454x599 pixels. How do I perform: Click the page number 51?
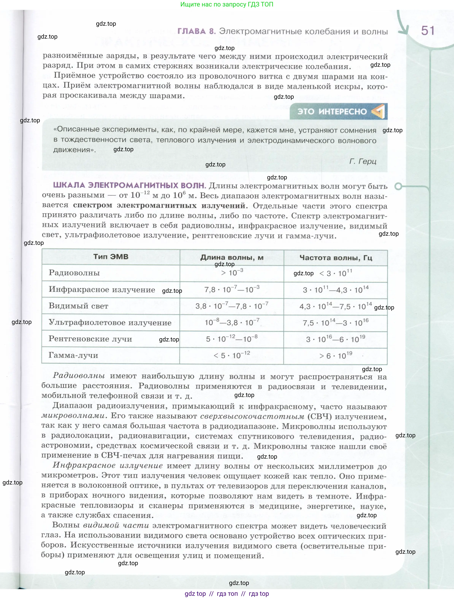tap(427, 31)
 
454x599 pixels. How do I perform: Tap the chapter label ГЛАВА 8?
tap(196, 31)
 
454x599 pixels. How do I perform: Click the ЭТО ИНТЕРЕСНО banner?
tap(338, 111)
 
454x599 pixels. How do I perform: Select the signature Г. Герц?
tap(363, 161)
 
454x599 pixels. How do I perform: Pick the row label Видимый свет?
tap(78, 306)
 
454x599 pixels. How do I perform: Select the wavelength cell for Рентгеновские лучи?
tap(232, 339)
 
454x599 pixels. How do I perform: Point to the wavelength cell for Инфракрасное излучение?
tap(232, 290)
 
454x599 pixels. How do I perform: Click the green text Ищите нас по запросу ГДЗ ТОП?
tap(227, 4)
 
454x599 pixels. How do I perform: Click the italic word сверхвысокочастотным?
tap(252, 416)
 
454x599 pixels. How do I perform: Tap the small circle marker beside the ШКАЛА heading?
tap(398, 186)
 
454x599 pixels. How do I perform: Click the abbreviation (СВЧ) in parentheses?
tap(319, 416)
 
